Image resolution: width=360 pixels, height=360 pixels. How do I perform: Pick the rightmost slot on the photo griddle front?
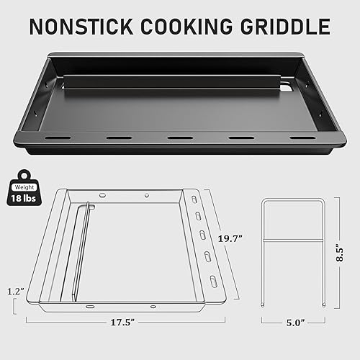coord(302,137)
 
